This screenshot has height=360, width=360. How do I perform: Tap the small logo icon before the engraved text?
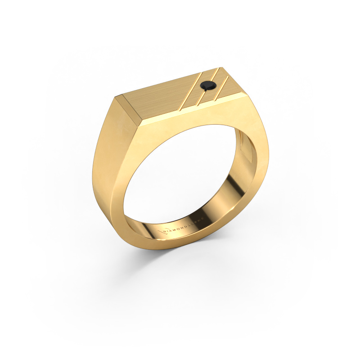coord(162,230)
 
